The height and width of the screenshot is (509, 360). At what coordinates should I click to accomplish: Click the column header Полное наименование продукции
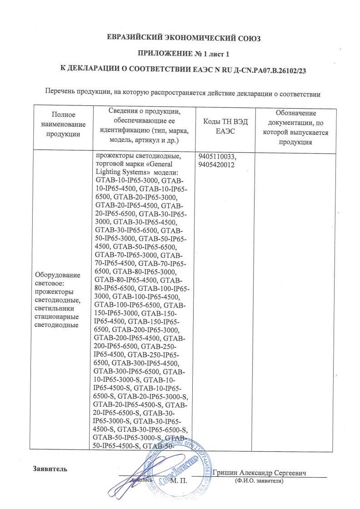coord(63,124)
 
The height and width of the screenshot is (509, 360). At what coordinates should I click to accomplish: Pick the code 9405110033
coord(218,157)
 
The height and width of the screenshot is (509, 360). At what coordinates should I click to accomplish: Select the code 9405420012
coord(216,165)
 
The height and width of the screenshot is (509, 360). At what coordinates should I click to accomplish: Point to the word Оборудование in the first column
coord(57,275)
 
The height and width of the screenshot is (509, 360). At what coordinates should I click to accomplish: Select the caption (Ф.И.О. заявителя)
coord(259,480)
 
